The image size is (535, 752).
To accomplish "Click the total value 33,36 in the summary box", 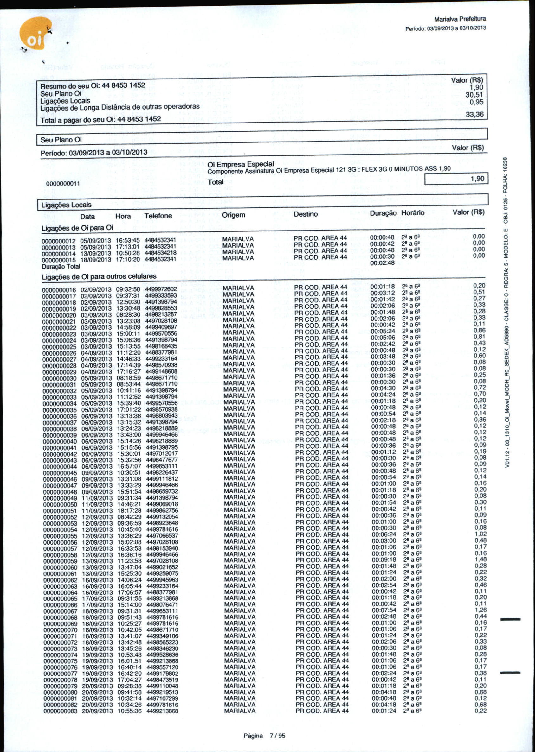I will (x=474, y=115).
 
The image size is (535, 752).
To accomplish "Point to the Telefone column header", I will (x=158, y=216).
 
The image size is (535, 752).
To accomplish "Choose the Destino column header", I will (x=306, y=214).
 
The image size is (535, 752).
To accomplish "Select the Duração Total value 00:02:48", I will (x=383, y=263).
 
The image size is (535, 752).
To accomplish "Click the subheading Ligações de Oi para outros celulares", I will (x=99, y=276).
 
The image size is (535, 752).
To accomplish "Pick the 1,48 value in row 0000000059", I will (x=480, y=559).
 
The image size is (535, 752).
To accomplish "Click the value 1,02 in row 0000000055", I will (x=480, y=534).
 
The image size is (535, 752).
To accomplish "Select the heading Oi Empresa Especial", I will (x=241, y=164).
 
